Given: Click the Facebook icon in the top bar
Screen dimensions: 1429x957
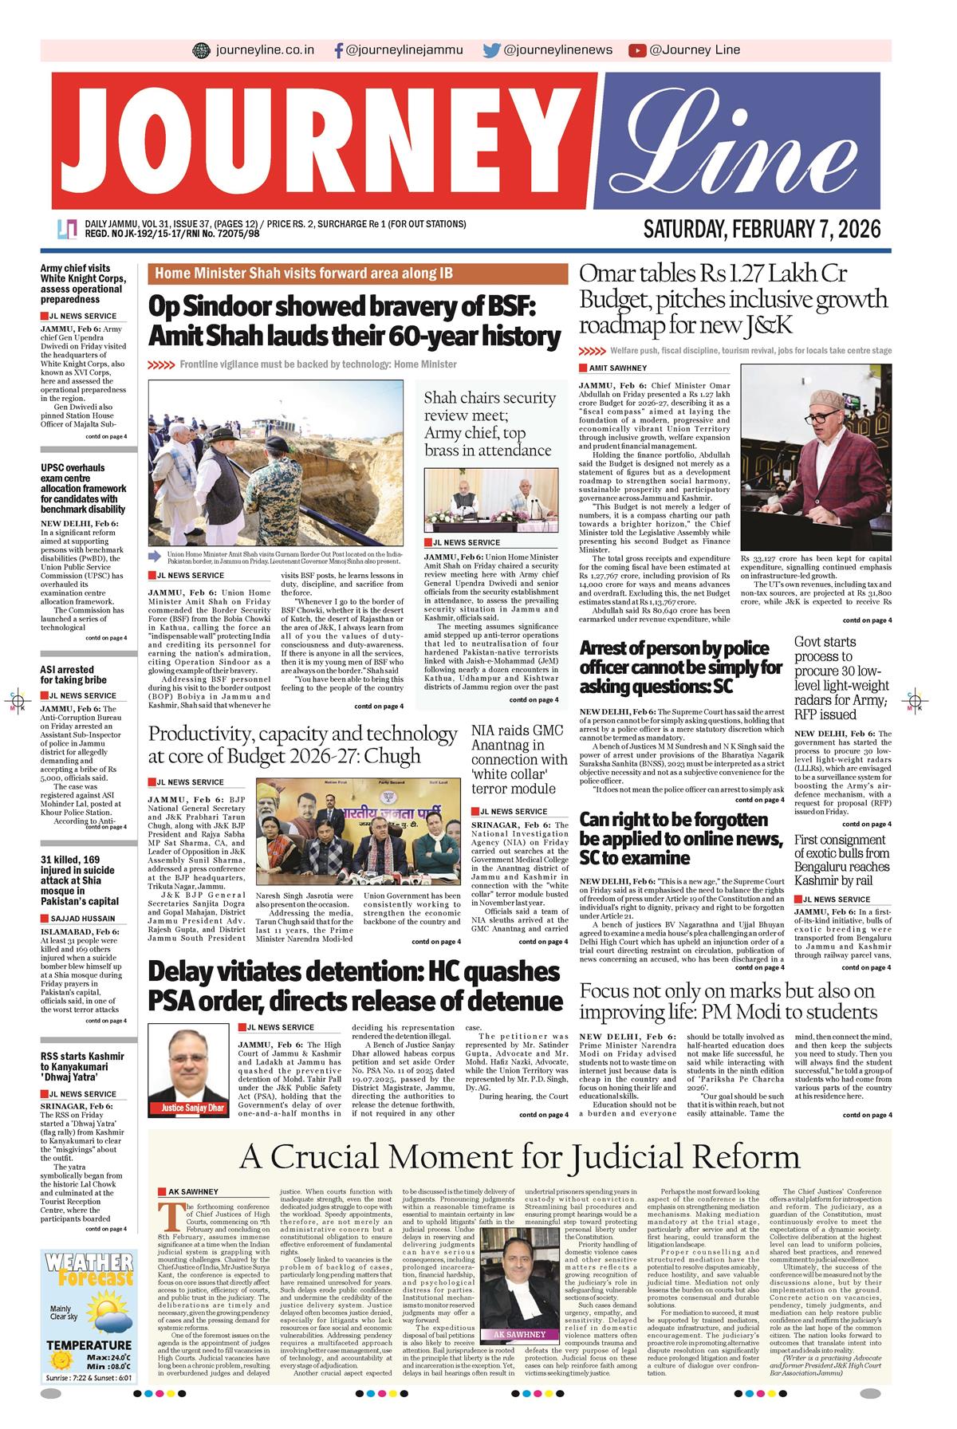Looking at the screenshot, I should [x=339, y=50].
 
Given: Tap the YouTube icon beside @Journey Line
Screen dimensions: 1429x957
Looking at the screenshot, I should [x=636, y=50].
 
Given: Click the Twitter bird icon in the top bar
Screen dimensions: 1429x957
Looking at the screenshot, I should [x=492, y=50].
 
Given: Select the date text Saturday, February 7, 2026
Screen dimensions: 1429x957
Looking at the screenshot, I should [x=762, y=230].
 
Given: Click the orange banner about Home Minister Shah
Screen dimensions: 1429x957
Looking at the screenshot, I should [x=357, y=274].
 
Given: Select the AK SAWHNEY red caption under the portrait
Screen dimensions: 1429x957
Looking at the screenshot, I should [x=519, y=1334].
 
